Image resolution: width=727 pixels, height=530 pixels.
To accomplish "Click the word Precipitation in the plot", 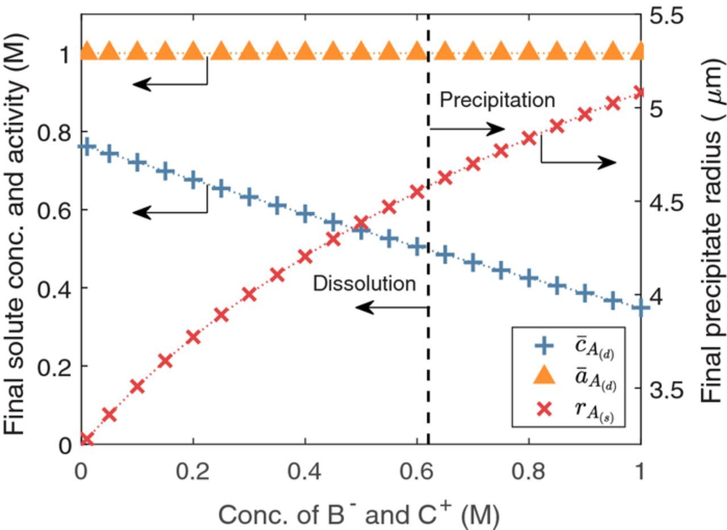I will (x=497, y=100).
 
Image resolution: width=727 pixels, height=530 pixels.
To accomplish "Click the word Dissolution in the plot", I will (x=364, y=283).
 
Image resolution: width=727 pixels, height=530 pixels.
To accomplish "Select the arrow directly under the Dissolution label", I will (x=391, y=308).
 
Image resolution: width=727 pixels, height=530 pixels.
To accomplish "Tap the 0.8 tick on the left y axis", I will (x=55, y=133).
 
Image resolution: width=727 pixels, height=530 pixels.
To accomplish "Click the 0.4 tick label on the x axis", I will (x=305, y=471).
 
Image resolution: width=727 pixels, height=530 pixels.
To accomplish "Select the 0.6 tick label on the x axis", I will (x=417, y=471).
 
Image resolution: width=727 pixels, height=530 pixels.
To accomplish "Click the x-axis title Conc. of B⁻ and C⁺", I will (x=359, y=515).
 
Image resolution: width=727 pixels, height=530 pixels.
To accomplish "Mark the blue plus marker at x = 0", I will (x=86, y=147).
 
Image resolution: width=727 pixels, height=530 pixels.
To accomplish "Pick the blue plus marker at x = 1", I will (x=641, y=308).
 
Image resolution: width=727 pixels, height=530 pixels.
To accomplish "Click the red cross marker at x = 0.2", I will (x=193, y=337).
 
